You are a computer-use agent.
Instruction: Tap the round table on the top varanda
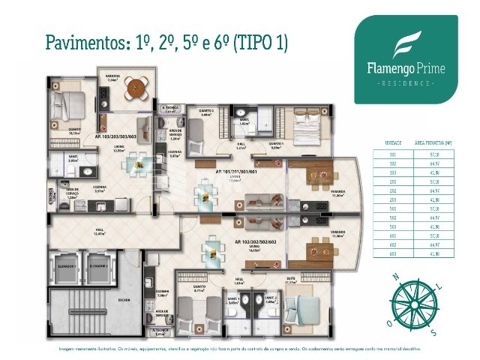coord(135,84)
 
